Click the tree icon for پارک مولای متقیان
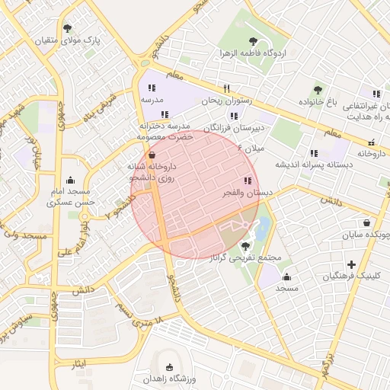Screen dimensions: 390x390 [69, 28]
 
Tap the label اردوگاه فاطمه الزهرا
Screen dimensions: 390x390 [253, 53]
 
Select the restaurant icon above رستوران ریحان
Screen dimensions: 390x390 [226, 88]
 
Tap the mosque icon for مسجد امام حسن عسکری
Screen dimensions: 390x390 [71, 181]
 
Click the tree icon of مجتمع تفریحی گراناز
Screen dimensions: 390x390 [245, 246]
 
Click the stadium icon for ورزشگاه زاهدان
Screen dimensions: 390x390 [168, 367]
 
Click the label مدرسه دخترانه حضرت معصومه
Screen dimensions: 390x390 [165, 130]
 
